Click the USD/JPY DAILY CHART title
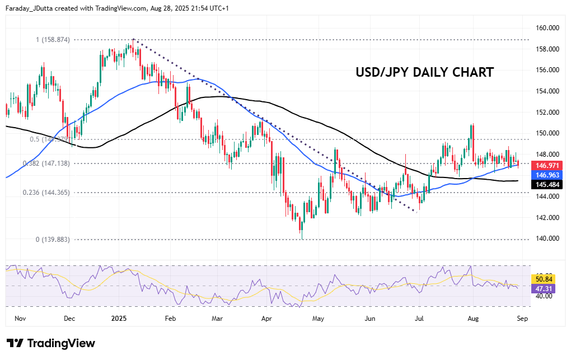[x=425, y=72]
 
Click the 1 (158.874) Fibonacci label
[x=53, y=40]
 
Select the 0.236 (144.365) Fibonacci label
[x=46, y=192]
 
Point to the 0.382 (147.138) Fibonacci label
[x=46, y=163]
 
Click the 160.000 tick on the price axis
[x=548, y=28]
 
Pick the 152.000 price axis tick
[x=548, y=112]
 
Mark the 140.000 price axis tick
[x=548, y=239]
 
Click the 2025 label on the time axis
[x=119, y=318]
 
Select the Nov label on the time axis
[x=20, y=318]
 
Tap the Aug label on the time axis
[x=473, y=318]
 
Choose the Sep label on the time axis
[x=522, y=318]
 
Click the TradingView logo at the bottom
[x=51, y=343]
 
